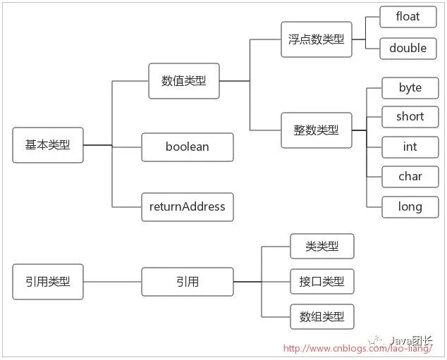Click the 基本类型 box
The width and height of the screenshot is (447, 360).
click(x=48, y=145)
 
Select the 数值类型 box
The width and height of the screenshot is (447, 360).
click(x=184, y=81)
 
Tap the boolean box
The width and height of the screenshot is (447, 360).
click(x=187, y=147)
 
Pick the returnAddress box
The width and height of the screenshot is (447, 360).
click(x=187, y=206)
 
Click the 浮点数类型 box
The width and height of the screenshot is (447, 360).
click(x=317, y=39)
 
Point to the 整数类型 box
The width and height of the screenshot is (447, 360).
click(x=317, y=130)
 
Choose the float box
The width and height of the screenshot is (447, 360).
click(x=408, y=17)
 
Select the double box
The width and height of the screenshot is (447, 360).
click(x=408, y=48)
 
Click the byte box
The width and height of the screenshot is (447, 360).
click(x=410, y=88)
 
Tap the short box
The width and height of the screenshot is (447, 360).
click(x=410, y=117)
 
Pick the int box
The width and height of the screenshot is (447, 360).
click(x=410, y=147)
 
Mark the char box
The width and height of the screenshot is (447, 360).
click(x=410, y=177)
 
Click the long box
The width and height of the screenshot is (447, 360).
click(x=410, y=206)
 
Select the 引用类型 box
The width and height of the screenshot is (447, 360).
click(x=48, y=282)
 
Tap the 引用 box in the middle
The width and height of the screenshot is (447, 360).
click(x=188, y=282)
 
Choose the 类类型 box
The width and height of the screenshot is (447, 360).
click(x=322, y=247)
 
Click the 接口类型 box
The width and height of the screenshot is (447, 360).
click(x=322, y=282)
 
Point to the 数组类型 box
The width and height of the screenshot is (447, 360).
click(x=322, y=317)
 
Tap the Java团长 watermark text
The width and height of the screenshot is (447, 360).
click(x=412, y=337)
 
